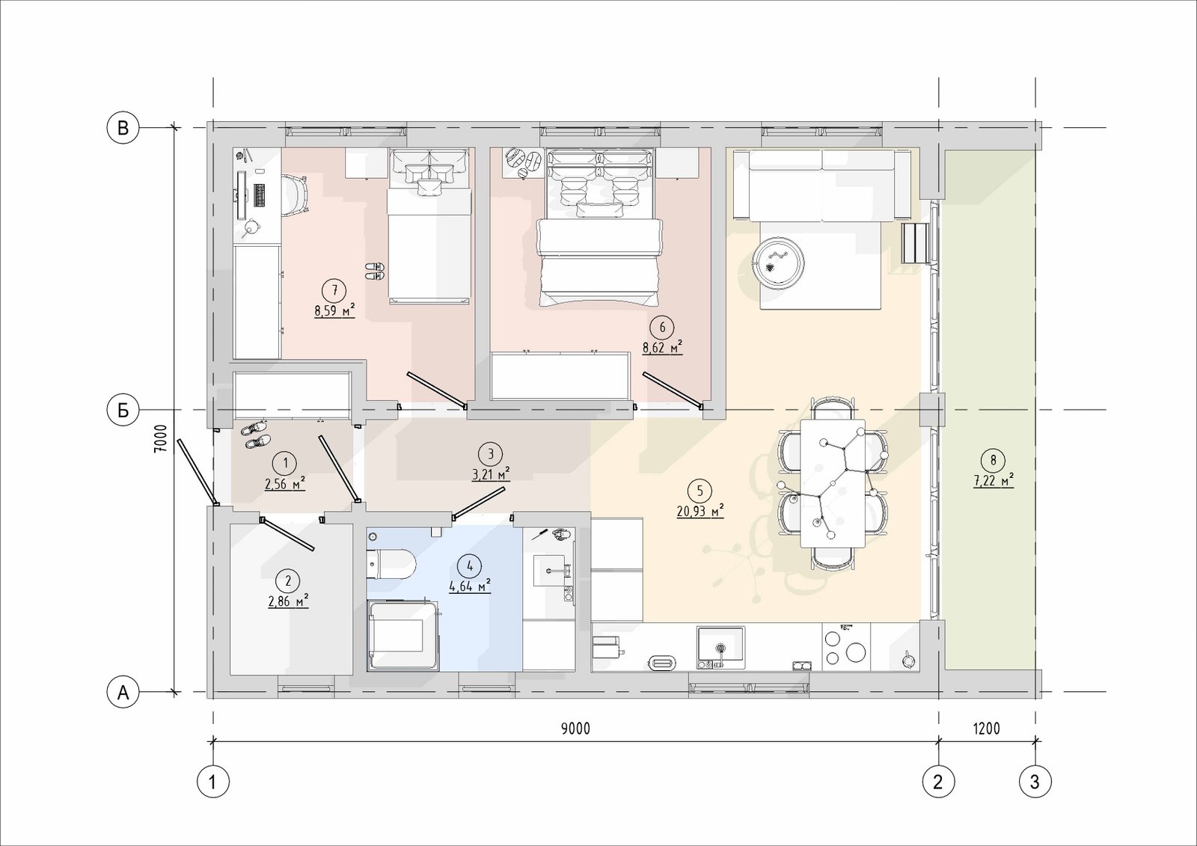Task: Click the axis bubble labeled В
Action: click(123, 128)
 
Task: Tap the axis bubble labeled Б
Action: click(123, 411)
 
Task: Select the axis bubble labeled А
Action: click(123, 693)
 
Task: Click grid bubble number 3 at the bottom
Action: click(1035, 782)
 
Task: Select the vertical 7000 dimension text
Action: click(160, 439)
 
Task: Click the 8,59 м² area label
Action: click(335, 310)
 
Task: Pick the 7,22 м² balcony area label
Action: click(994, 480)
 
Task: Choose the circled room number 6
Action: click(663, 328)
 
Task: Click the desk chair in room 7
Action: click(296, 195)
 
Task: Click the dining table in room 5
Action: click(833, 483)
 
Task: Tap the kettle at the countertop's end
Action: click(908, 660)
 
